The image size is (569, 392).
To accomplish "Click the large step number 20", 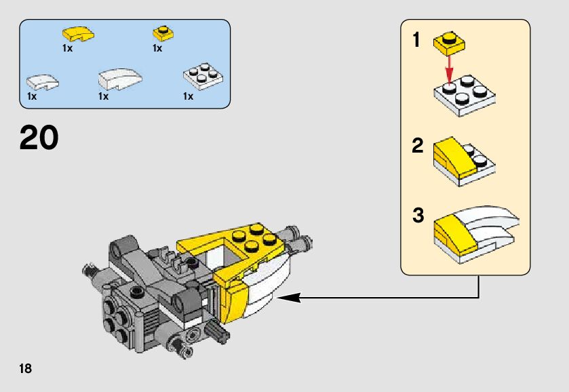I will click(39, 138).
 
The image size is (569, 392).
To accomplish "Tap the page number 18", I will click(26, 369).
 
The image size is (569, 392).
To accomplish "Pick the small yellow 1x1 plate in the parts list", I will click(162, 33).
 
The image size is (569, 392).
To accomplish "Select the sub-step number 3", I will click(418, 217).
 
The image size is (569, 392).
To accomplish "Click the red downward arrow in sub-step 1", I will click(448, 68).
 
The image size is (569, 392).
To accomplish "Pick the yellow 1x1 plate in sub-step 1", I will click(448, 42).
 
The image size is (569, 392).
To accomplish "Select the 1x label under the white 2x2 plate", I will click(188, 96).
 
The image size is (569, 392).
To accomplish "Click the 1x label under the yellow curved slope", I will click(67, 48).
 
